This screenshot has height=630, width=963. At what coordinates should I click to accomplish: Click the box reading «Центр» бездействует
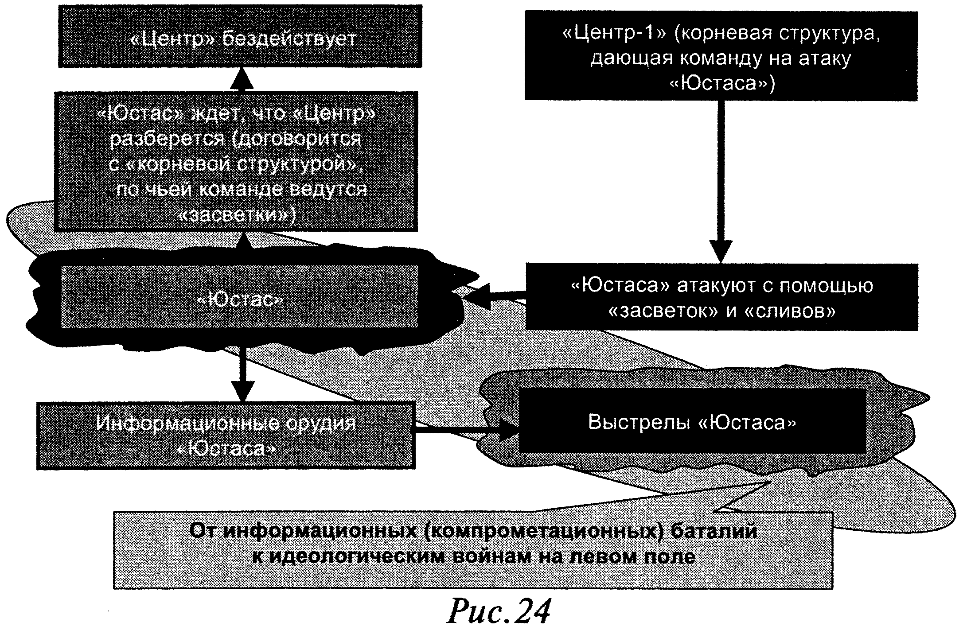pyautogui.click(x=240, y=36)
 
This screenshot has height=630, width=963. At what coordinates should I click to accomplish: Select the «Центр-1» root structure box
pyautogui.click(x=721, y=55)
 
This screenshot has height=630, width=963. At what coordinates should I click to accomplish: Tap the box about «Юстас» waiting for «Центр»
pyautogui.click(x=236, y=161)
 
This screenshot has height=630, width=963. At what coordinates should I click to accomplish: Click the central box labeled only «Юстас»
pyautogui.click(x=239, y=297)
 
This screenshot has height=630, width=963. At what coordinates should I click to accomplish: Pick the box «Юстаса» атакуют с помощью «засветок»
pyautogui.click(x=721, y=297)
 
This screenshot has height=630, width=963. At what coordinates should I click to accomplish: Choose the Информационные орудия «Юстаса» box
pyautogui.click(x=226, y=436)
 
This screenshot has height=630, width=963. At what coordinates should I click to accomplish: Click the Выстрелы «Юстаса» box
pyautogui.click(x=692, y=421)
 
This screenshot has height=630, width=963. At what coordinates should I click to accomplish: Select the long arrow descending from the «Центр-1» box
pyautogui.click(x=721, y=177)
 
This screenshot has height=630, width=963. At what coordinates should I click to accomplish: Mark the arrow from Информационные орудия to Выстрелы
pyautogui.click(x=465, y=429)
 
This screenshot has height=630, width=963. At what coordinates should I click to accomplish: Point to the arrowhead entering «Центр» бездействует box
pyautogui.click(x=242, y=79)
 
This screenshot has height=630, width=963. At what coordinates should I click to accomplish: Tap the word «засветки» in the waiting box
pyautogui.click(x=236, y=215)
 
